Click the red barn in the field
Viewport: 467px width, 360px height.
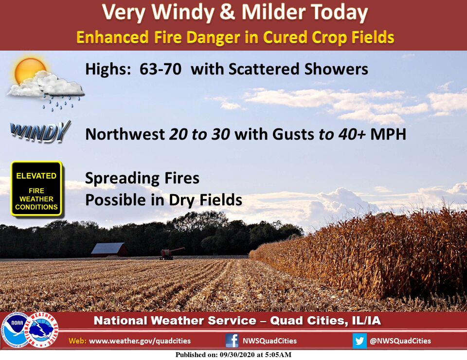coord(109,250)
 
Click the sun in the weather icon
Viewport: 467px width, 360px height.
coord(29,72)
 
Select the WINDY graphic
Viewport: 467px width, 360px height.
coord(40,132)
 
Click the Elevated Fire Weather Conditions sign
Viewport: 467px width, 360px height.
coord(36,188)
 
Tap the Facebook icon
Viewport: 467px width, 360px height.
coord(232,341)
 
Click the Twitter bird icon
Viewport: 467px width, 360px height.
coord(359,341)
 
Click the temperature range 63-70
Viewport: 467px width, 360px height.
coord(160,69)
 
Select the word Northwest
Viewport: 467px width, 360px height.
coord(125,134)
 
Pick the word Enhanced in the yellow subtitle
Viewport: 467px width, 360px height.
coord(112,37)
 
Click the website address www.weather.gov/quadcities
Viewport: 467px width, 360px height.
coord(140,341)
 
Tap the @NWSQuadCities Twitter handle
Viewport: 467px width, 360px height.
coord(400,341)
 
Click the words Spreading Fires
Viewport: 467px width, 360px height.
coord(142,179)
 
